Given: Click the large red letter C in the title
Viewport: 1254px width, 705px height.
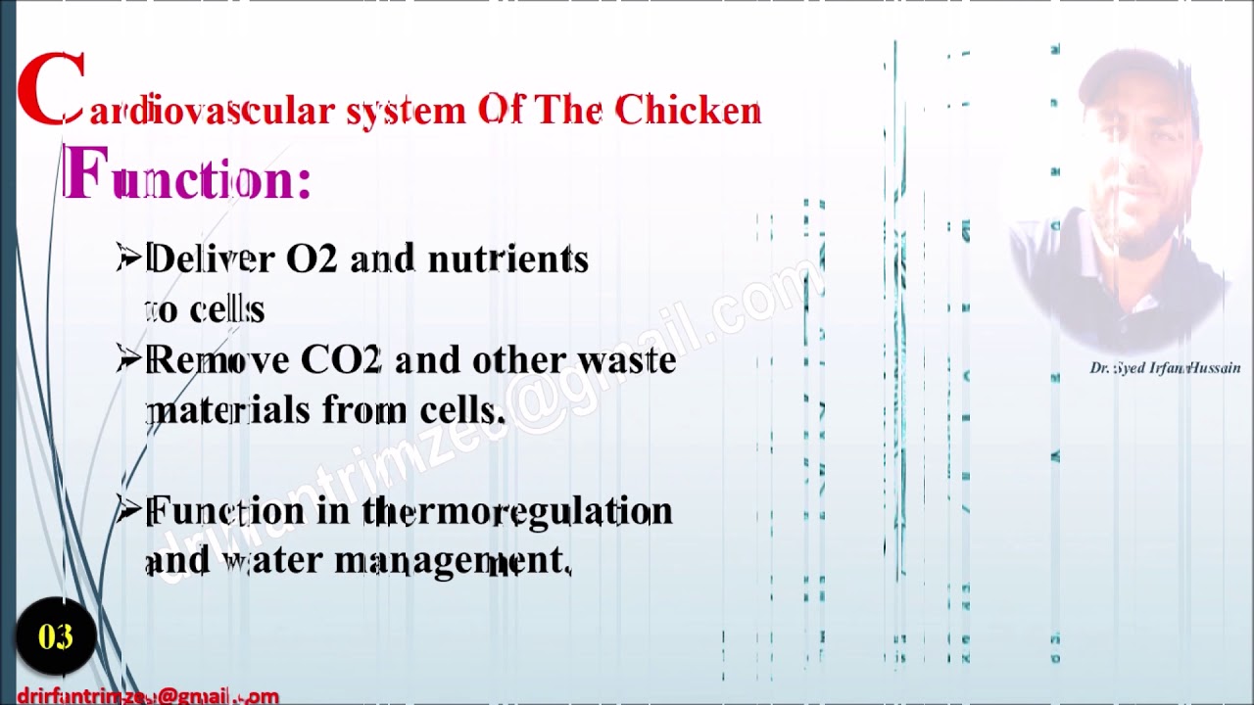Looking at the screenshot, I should coord(51,90).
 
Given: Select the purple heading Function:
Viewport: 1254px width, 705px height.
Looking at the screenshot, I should coord(186,176).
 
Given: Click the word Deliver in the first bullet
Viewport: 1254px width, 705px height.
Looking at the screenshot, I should coord(210,258).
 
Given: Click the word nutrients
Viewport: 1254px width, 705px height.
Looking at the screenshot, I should coord(507,258).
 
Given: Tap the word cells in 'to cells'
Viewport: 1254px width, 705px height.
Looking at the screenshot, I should coord(226,309).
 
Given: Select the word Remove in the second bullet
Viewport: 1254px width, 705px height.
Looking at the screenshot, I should coord(217,360).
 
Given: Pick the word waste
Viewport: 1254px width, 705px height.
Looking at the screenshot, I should coord(626,360).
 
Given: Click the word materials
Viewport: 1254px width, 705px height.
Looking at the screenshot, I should coord(227,410).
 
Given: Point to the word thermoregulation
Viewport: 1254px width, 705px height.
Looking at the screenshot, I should coord(517,511).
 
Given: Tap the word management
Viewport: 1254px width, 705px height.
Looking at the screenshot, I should coord(453,561).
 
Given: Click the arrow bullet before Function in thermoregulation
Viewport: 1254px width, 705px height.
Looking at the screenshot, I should coord(128,510).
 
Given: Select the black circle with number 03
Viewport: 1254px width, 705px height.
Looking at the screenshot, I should coord(56,637).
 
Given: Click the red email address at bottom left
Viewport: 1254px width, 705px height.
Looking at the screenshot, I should coord(148,696).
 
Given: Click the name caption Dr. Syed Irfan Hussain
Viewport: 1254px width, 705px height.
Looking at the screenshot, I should coord(1165,368).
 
